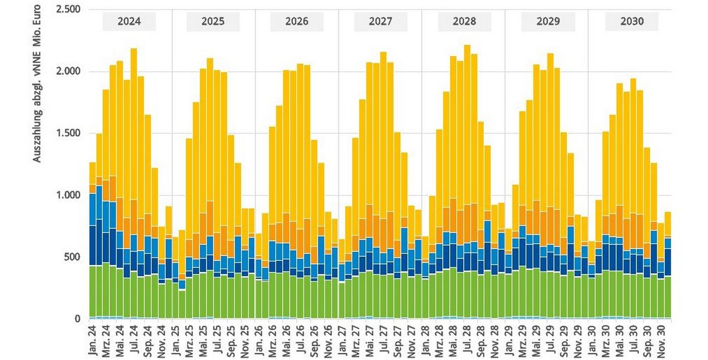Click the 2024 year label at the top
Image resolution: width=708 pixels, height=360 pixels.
tap(129, 22)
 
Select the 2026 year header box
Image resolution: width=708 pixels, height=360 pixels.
tap(297, 22)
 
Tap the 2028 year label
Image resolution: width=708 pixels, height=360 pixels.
tap(464, 22)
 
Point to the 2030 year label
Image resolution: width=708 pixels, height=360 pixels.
tap(632, 22)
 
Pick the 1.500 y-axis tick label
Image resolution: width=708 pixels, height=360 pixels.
tap(67, 133)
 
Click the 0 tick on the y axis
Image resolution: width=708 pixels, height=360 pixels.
tap(77, 319)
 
